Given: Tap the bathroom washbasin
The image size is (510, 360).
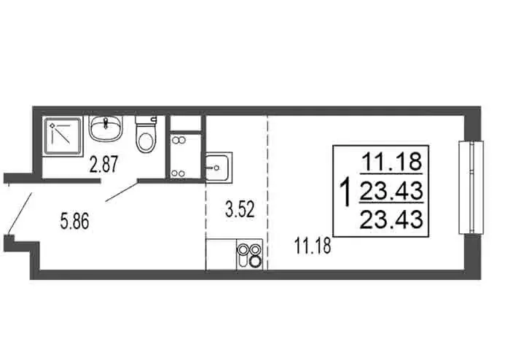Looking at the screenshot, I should [106, 130].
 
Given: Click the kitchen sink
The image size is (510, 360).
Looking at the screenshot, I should [217, 168].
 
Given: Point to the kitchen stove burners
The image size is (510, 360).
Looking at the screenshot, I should [248, 256].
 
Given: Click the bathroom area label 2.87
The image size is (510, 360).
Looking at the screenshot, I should [103, 165].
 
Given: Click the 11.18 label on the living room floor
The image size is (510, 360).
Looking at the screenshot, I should [312, 245].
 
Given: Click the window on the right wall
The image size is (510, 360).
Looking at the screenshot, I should [470, 187].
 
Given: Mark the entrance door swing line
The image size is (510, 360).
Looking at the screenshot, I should [20, 213].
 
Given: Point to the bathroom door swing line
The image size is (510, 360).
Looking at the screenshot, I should [121, 191].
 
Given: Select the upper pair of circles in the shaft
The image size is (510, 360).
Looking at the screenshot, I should [178, 140].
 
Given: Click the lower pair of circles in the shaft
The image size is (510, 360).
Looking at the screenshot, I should [178, 173].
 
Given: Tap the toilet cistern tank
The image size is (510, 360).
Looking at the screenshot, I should [146, 120].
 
